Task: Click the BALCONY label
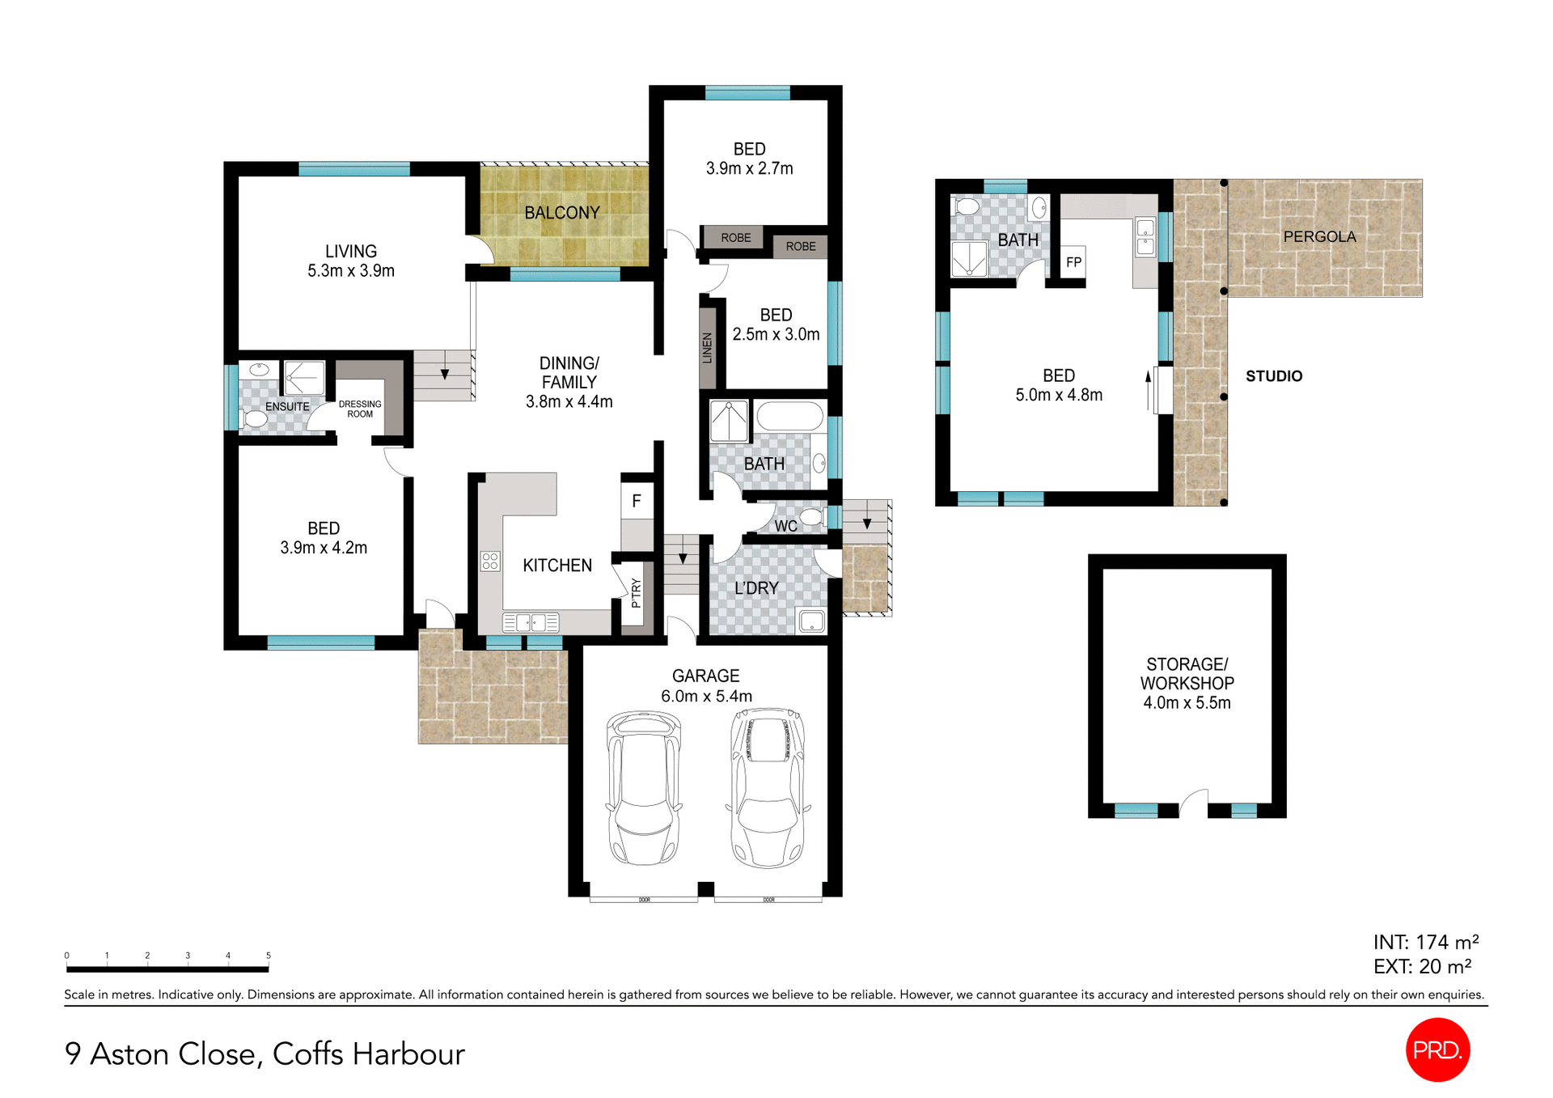pos(561,213)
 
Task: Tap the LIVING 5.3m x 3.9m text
pos(350,261)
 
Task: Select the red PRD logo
pos(1437,1049)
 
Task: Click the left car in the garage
pos(643,787)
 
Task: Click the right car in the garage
pos(768,787)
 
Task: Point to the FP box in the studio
pos(1073,262)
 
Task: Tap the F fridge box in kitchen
pos(637,501)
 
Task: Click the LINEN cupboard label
pos(708,348)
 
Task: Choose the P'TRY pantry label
pos(636,593)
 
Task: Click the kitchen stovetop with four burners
pos(490,561)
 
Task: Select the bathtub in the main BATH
pos(789,418)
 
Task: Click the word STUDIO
pos(1273,376)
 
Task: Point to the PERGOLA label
pos(1319,236)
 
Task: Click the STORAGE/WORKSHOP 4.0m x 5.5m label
pos(1187,684)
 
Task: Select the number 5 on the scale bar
pos(269,956)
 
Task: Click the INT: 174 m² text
pos(1425,943)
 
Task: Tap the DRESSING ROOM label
pos(360,409)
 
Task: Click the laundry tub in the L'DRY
pos(811,621)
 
